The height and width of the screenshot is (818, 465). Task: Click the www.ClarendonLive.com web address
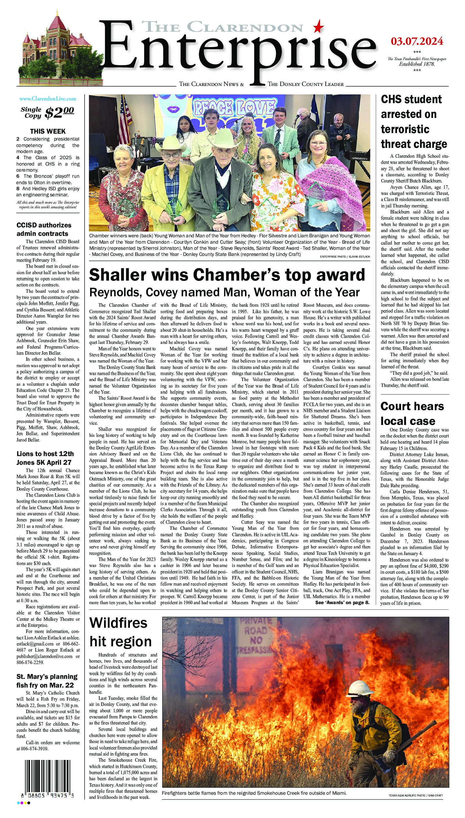(x=48, y=99)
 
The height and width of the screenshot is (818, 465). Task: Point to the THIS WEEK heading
(x=48, y=131)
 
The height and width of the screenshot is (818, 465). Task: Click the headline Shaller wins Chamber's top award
(x=227, y=275)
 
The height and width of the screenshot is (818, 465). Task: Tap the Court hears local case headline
(x=412, y=413)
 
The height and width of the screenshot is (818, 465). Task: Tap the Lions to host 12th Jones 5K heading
(x=45, y=458)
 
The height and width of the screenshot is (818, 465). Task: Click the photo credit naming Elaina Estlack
(x=345, y=256)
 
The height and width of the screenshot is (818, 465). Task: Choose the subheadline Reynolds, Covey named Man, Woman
(x=224, y=292)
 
